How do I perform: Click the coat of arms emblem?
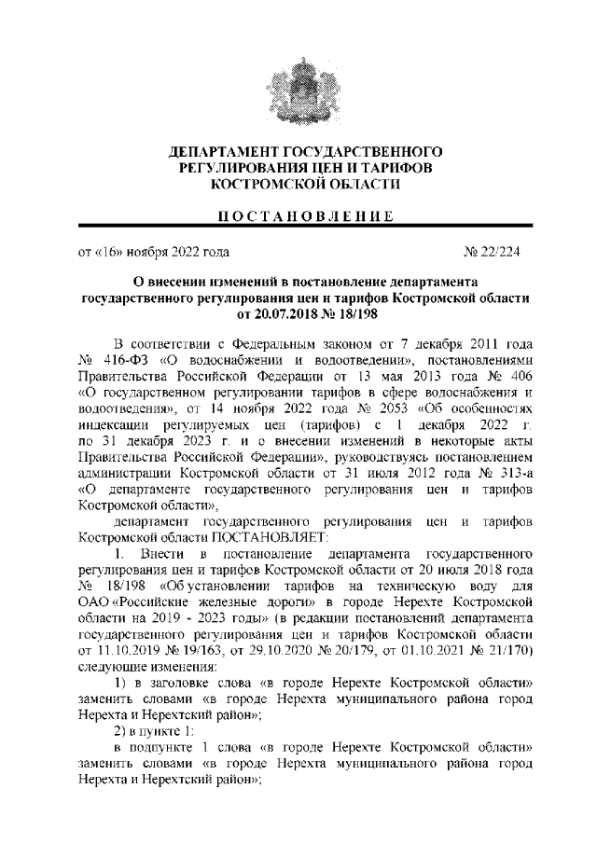coord(298,87)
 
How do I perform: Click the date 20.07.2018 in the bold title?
coord(270,313)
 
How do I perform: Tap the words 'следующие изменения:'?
coord(146,669)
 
